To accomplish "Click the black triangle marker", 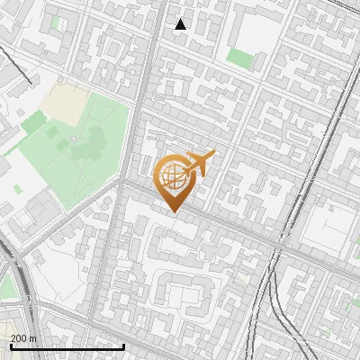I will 181,24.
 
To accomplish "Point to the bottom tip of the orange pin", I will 172,211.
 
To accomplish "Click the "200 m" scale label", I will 23,337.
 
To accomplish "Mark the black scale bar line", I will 67,346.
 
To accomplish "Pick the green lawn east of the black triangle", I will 239,58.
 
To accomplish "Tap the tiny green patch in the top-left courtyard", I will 57,22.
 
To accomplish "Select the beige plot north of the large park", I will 63,101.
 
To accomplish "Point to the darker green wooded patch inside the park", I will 92,139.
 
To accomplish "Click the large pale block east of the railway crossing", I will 324,225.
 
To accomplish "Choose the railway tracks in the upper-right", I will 333,90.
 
